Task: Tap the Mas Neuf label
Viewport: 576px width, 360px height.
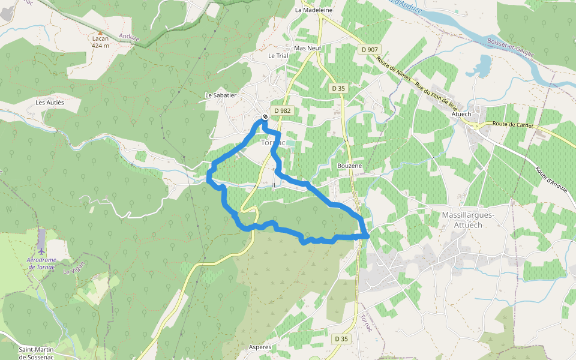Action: pyautogui.click(x=308, y=47)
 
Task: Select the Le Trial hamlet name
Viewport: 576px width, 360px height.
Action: pyautogui.click(x=278, y=56)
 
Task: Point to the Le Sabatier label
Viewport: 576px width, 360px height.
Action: pyautogui.click(x=221, y=95)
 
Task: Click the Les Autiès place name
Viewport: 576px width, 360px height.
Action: pyautogui.click(x=50, y=103)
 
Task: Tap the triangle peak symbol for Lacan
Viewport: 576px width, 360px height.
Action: pyautogui.click(x=100, y=33)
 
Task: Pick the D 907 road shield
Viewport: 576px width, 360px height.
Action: pyautogui.click(x=370, y=49)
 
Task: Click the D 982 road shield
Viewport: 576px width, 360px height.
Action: pyautogui.click(x=282, y=110)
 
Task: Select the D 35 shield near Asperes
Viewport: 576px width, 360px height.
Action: pyautogui.click(x=341, y=339)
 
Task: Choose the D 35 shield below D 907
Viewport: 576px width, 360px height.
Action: pyautogui.click(x=338, y=88)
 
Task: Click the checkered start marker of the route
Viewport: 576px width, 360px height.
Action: pyautogui.click(x=265, y=117)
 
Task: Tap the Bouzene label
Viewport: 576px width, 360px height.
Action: pyautogui.click(x=350, y=166)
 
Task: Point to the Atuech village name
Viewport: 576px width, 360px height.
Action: pyautogui.click(x=461, y=114)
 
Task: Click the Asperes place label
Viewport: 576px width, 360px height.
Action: pyautogui.click(x=260, y=347)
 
